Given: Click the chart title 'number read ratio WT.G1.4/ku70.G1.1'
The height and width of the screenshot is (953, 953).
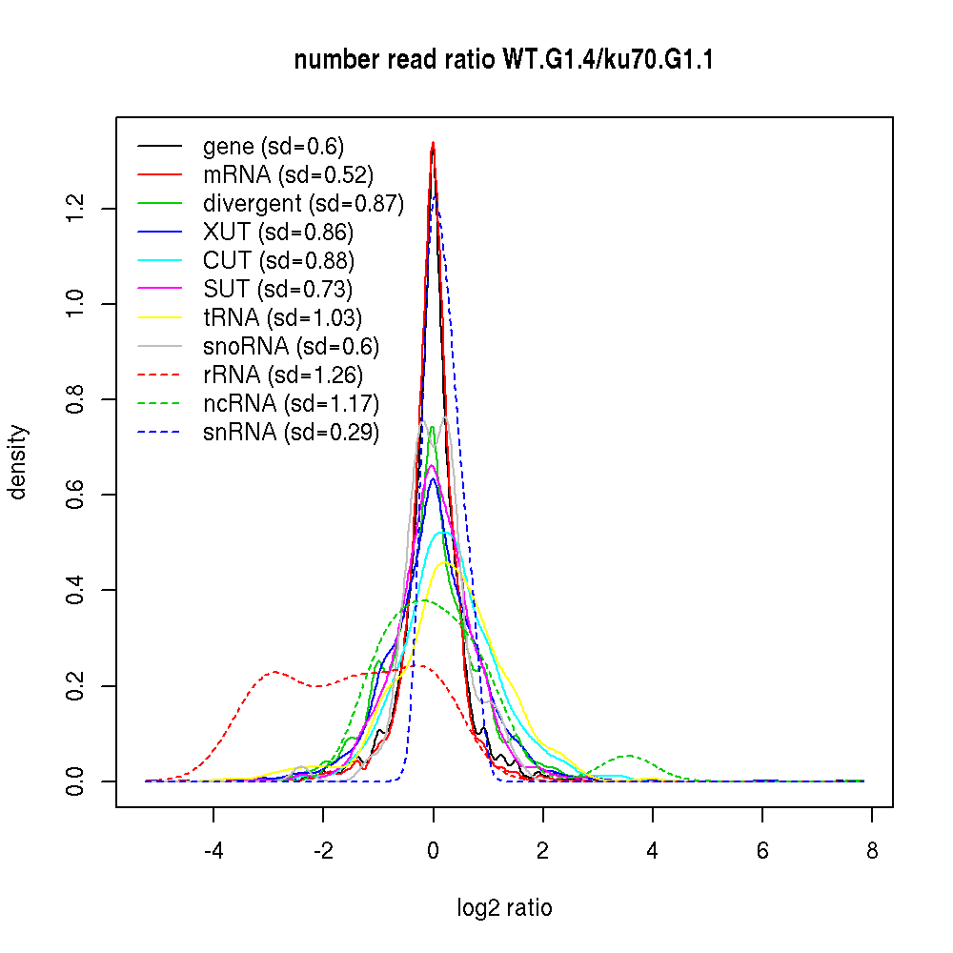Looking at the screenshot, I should (x=504, y=60).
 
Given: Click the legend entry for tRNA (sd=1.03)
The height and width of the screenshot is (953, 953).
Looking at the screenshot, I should (x=282, y=317).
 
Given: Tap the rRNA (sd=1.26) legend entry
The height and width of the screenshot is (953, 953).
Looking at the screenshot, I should (x=283, y=375).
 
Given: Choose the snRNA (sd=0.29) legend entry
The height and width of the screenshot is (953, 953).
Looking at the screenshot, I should (x=291, y=432).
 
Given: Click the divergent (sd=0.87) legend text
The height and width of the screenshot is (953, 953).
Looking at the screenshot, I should (x=303, y=203).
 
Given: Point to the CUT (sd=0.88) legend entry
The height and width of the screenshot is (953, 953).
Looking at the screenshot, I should (x=278, y=260).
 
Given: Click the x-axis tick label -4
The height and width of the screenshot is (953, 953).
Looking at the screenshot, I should (x=213, y=851).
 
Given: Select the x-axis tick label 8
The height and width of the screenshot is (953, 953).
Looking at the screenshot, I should (x=872, y=851).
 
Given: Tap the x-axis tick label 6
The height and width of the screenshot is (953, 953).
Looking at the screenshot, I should (x=762, y=851).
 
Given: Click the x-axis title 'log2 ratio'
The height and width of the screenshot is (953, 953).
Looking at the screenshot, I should (x=504, y=908).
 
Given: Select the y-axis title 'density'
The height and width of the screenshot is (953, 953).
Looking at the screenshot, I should (x=18, y=461).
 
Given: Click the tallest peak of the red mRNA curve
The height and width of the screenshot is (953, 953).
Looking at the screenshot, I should (x=433, y=145).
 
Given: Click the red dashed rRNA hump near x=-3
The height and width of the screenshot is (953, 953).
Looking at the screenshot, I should (x=274, y=672).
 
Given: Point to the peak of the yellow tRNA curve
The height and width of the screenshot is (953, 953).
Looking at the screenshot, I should (x=443, y=562).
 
